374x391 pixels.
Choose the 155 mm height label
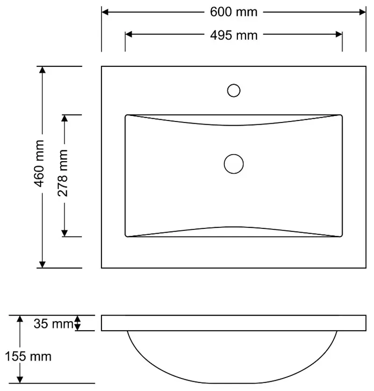pyautogui.click(x=29, y=357)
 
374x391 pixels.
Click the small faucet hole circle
pyautogui.click(x=234, y=90)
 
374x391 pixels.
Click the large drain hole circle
pyautogui.click(x=234, y=164)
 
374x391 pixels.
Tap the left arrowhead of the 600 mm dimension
pyautogui.click(x=106, y=12)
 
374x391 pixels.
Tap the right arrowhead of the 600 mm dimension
pyautogui.click(x=362, y=12)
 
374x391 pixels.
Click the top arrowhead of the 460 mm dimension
pyautogui.click(x=42, y=71)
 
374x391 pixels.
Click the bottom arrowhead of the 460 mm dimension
pyautogui.click(x=42, y=264)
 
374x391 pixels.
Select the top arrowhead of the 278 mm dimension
pyautogui.click(x=65, y=119)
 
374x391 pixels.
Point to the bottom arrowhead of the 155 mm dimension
pyautogui.click(x=20, y=379)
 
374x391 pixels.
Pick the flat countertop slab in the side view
pyautogui.click(x=234, y=323)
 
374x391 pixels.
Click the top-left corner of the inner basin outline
pyautogui.click(x=126, y=115)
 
